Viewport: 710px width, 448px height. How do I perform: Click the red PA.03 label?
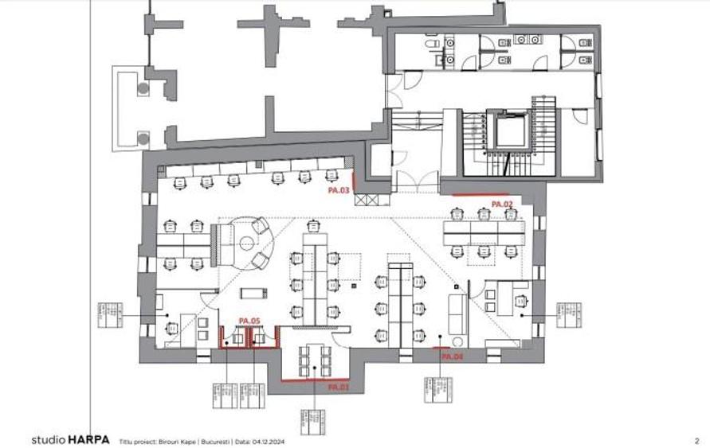click(x=339, y=191)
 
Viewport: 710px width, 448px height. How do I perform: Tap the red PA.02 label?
click(x=501, y=205)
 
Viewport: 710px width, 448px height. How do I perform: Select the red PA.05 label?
click(x=249, y=321)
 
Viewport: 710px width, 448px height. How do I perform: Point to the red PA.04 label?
click(x=452, y=357)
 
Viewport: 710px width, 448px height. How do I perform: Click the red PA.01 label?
click(x=339, y=387)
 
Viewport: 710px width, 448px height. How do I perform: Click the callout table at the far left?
click(x=108, y=315)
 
